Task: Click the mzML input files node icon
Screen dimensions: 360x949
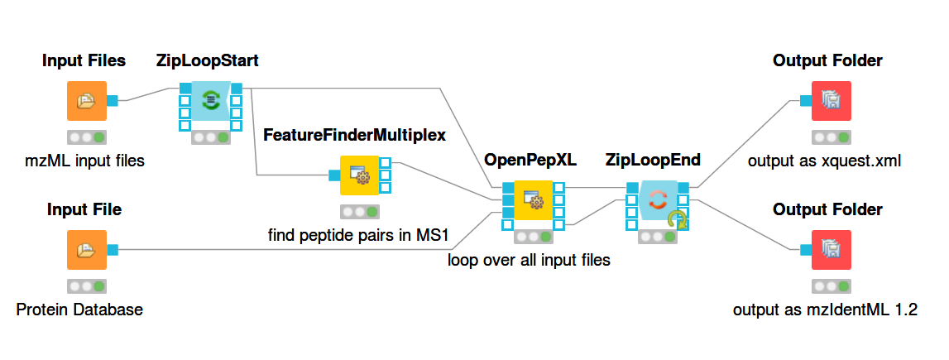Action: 87,101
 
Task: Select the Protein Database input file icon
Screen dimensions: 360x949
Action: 87,250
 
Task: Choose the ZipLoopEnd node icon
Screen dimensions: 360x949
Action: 657,199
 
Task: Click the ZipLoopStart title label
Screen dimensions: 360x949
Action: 208,60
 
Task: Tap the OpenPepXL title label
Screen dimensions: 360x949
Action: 530,159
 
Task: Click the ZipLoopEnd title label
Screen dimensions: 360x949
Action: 653,159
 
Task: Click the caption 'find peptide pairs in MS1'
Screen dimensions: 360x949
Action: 357,236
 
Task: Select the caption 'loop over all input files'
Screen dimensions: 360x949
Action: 529,260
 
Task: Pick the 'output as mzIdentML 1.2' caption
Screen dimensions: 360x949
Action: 825,310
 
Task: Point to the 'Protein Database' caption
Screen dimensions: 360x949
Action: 79,310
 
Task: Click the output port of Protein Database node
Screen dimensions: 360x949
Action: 113,250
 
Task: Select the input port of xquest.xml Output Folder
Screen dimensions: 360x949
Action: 805,101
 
